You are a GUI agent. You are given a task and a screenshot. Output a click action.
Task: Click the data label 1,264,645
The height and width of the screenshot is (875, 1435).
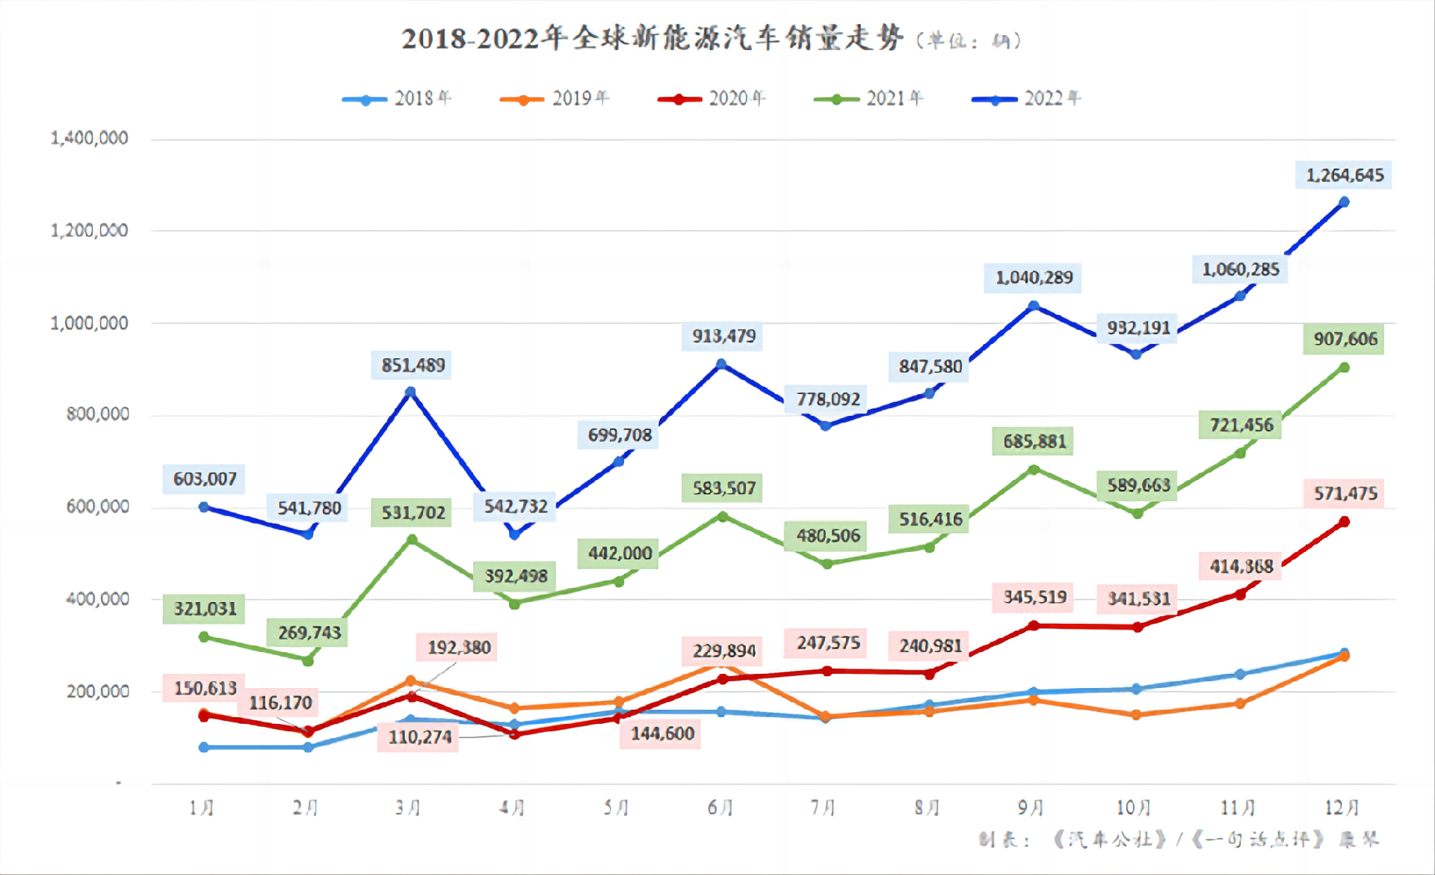[1344, 175]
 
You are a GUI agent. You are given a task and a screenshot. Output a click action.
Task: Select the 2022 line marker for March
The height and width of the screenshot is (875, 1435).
[410, 392]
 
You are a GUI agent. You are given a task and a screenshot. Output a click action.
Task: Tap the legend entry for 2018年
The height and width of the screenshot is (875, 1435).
[397, 99]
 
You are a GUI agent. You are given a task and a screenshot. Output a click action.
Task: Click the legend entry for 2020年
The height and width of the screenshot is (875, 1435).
[712, 99]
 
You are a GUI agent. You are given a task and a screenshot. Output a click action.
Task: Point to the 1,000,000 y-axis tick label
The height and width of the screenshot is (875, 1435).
[89, 323]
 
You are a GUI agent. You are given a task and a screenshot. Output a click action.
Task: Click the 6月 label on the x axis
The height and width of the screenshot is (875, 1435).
[720, 808]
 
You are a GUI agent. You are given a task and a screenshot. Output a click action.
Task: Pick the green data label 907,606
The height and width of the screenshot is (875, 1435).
[1344, 339]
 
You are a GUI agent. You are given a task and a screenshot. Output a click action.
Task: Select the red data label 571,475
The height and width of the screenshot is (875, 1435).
[1344, 494]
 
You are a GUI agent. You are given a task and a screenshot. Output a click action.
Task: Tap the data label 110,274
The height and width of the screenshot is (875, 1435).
[419, 737]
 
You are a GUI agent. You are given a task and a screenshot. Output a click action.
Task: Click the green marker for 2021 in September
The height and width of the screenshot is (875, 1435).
[1034, 470]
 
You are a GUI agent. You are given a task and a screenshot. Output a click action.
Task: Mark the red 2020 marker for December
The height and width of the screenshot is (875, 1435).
[1344, 521]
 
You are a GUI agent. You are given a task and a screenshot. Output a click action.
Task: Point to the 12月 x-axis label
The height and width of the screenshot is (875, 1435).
[1342, 808]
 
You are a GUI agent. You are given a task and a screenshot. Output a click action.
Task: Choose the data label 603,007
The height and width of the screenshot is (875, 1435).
[204, 479]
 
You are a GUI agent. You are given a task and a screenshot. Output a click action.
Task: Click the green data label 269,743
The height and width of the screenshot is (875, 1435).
[309, 633]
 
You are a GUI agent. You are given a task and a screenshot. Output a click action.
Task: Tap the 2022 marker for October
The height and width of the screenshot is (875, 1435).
[1137, 354]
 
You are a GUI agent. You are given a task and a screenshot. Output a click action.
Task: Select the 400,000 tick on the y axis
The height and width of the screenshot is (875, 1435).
[97, 599]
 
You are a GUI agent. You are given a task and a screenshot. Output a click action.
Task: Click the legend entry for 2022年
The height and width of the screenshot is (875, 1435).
[1026, 99]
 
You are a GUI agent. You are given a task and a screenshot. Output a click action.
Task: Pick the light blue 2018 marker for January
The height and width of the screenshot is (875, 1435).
[204, 747]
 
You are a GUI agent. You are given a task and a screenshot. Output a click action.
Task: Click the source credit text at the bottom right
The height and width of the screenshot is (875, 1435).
[1179, 839]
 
